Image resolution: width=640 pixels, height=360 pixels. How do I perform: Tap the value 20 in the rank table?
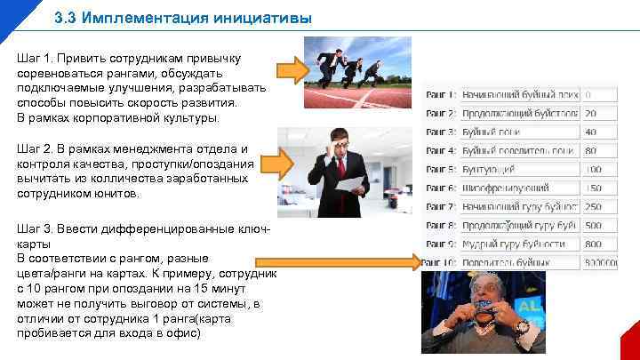coord(590,113)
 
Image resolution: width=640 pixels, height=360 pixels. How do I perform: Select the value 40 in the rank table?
coord(590,132)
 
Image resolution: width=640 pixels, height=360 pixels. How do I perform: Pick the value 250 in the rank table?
coord(593,206)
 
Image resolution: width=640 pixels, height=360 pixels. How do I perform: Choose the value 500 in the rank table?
coord(593,225)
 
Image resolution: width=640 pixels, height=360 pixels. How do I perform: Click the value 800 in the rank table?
coord(593,244)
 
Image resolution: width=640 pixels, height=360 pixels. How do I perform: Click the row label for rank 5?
coord(441,169)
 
